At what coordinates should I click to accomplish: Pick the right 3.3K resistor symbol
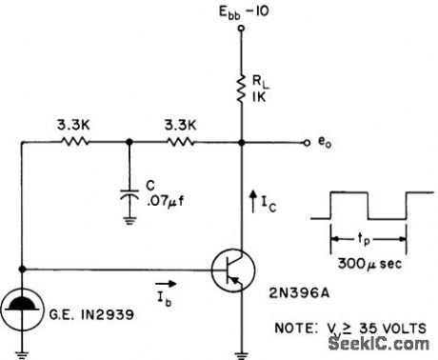pos(182,144)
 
